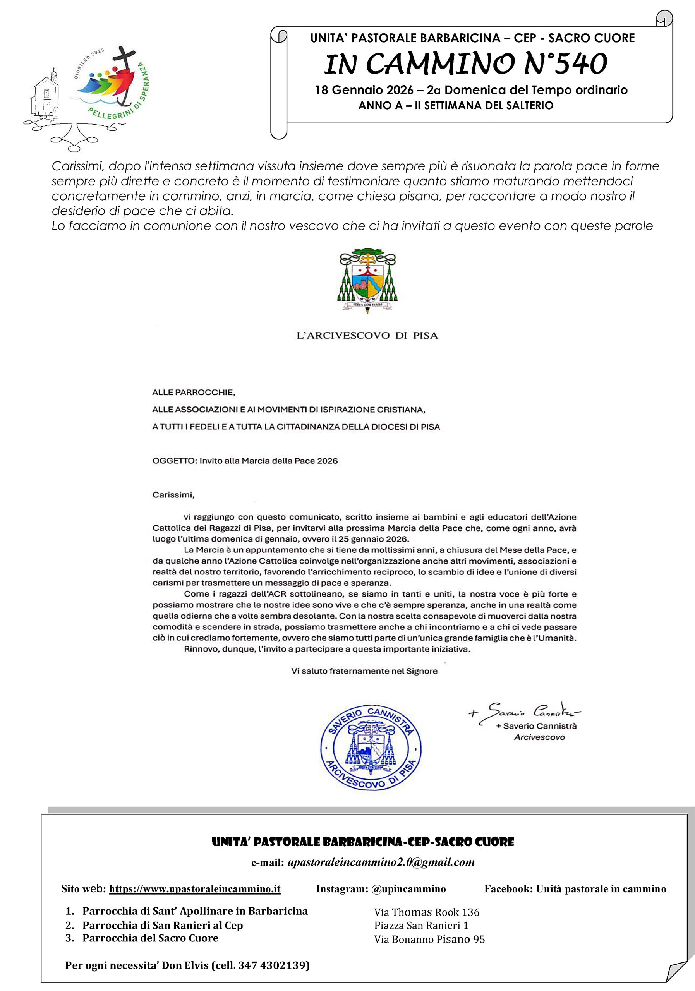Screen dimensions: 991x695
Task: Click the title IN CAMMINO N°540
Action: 465,64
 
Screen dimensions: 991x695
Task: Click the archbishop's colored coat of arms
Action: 367,280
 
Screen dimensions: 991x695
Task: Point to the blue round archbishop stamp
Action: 371,748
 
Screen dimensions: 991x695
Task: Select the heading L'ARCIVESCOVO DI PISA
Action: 367,335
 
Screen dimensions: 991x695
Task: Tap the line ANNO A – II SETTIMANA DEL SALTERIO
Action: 455,105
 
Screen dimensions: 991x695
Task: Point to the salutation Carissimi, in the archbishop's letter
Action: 173,495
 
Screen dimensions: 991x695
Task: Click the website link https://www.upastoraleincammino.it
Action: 194,889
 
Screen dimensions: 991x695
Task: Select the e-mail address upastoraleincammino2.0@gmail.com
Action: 381,862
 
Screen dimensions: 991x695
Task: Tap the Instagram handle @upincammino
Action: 408,889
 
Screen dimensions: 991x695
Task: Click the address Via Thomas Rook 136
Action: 427,912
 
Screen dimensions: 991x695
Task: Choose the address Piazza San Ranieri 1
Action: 421,926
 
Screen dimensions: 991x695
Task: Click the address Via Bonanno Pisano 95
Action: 429,939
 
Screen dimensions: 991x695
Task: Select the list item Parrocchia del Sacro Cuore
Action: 150,938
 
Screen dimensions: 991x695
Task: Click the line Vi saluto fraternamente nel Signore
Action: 364,671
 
